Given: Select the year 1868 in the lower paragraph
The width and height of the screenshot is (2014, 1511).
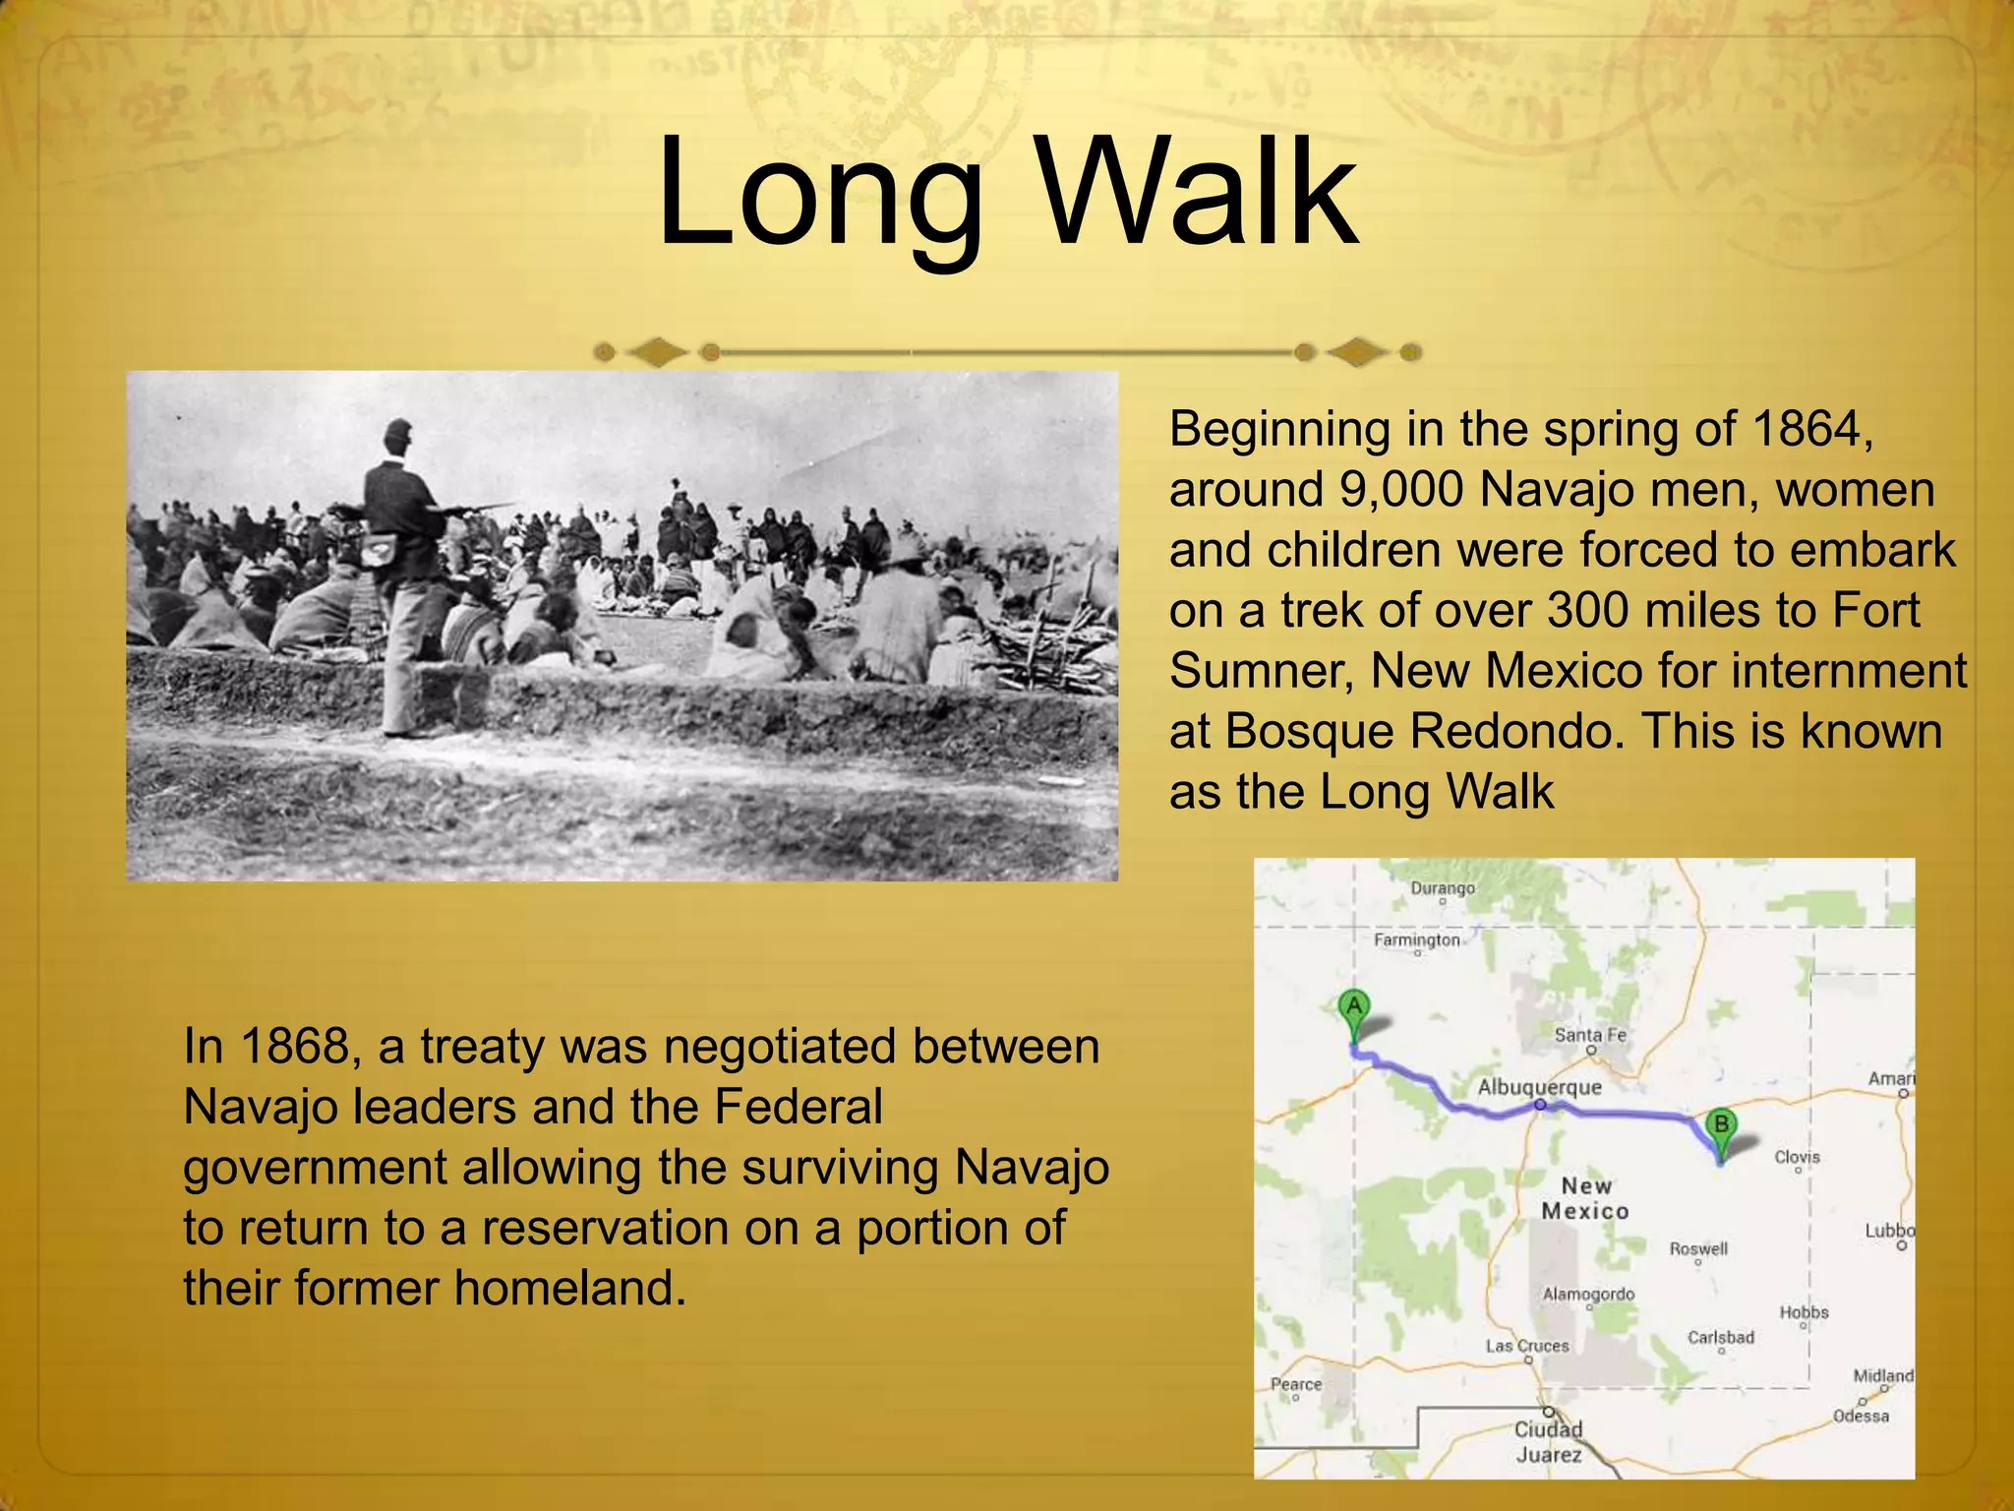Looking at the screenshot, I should pos(295,1046).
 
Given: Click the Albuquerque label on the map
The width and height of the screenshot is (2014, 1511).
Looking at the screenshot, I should pos(1540,1087).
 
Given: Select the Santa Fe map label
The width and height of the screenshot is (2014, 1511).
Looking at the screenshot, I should pos(1590,1035).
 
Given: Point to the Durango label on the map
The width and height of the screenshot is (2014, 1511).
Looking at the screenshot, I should pos(1443,888).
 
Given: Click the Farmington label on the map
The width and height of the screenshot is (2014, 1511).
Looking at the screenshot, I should pos(1417,939).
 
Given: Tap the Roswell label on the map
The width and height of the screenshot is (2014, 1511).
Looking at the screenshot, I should pos(1698,1248).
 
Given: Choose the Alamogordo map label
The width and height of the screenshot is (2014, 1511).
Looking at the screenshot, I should pos(1588,1294).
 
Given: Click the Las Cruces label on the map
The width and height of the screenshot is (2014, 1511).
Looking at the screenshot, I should pos(1527,1346).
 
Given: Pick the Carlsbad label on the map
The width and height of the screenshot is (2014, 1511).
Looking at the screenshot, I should pos(1721,1337).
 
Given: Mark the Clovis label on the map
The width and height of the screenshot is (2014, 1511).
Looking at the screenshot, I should pos(1797,1157).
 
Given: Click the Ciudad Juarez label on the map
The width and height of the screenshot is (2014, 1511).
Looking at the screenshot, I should pos(1549,1441).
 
